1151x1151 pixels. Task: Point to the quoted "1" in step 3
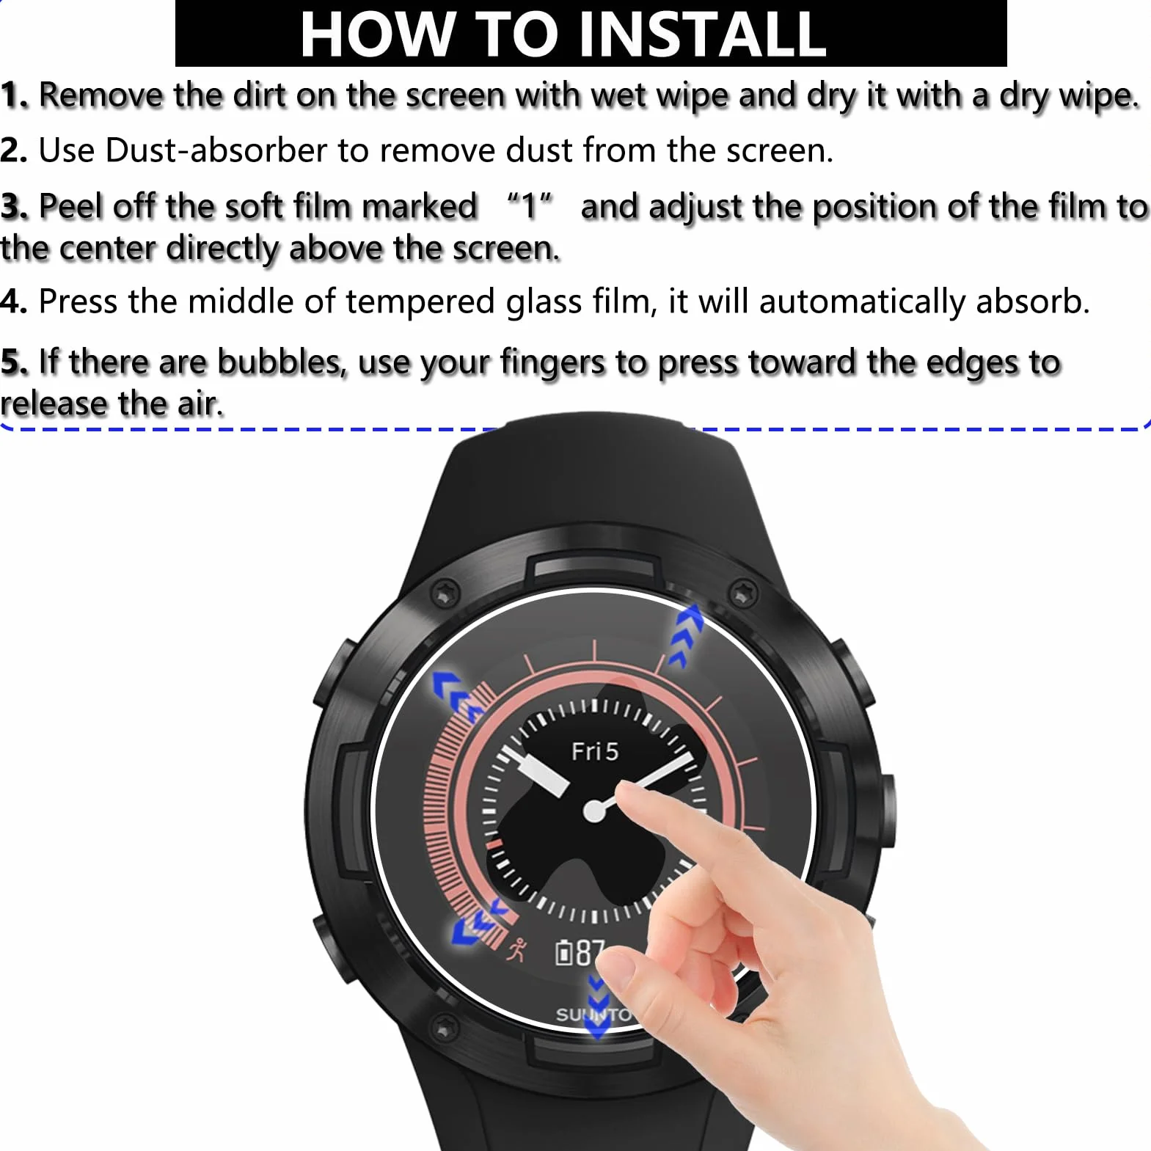(x=529, y=206)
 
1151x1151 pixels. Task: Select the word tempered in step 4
(x=420, y=302)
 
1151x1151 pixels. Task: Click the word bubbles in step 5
(x=282, y=362)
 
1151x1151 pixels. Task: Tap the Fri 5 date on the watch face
(x=595, y=751)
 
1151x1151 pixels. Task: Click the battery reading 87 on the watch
(x=590, y=952)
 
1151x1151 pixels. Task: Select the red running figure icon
(x=517, y=949)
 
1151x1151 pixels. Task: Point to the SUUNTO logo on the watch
(x=593, y=1015)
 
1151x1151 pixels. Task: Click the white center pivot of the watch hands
(x=594, y=811)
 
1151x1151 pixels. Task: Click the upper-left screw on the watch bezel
(x=445, y=592)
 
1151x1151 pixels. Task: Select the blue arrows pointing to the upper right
(x=686, y=635)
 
